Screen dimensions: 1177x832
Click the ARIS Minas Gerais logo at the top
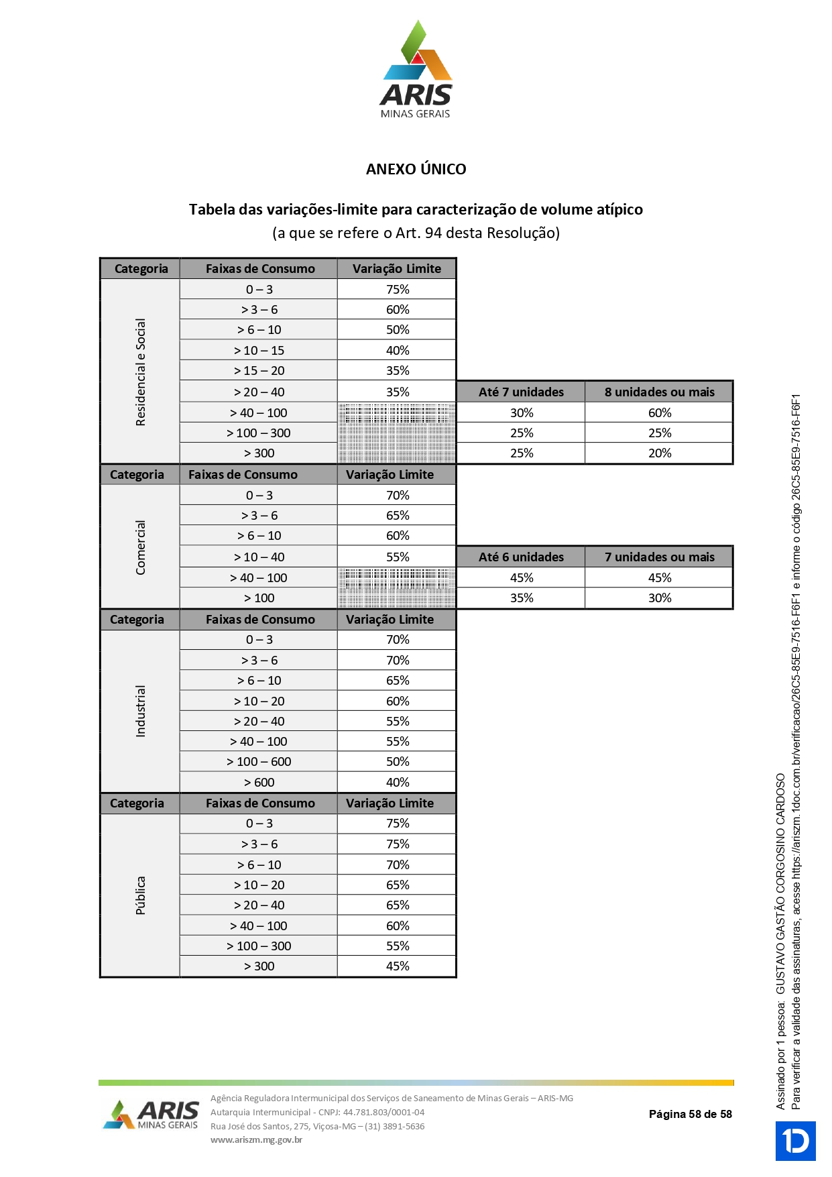[x=416, y=70]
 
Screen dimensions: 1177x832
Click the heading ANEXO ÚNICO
[x=416, y=169]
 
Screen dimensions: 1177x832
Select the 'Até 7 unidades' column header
[x=521, y=392]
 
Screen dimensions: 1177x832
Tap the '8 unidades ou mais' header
[x=659, y=392]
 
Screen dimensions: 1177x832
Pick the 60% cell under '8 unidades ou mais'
[x=659, y=412]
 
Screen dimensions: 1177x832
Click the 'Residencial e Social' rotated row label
[x=140, y=372]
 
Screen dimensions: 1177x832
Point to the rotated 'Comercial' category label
[x=140, y=547]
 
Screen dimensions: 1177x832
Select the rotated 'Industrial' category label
[x=140, y=711]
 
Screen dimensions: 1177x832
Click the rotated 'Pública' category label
[x=140, y=895]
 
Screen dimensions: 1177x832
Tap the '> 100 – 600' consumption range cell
[x=259, y=762]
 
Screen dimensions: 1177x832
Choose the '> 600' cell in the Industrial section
[x=259, y=782]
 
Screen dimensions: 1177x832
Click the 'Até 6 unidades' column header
[x=521, y=557]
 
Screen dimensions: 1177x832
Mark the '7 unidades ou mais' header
[x=659, y=557]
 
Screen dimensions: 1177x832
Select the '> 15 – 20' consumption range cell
[x=259, y=371]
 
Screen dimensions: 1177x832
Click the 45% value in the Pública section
[x=398, y=966]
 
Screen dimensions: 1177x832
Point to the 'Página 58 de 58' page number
[x=690, y=1114]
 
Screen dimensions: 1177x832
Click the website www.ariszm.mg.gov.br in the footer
[x=256, y=1139]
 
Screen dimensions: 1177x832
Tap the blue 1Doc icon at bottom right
[x=796, y=1141]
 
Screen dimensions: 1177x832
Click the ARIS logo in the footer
[x=152, y=1115]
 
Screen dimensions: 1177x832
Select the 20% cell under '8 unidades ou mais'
[x=659, y=453]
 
